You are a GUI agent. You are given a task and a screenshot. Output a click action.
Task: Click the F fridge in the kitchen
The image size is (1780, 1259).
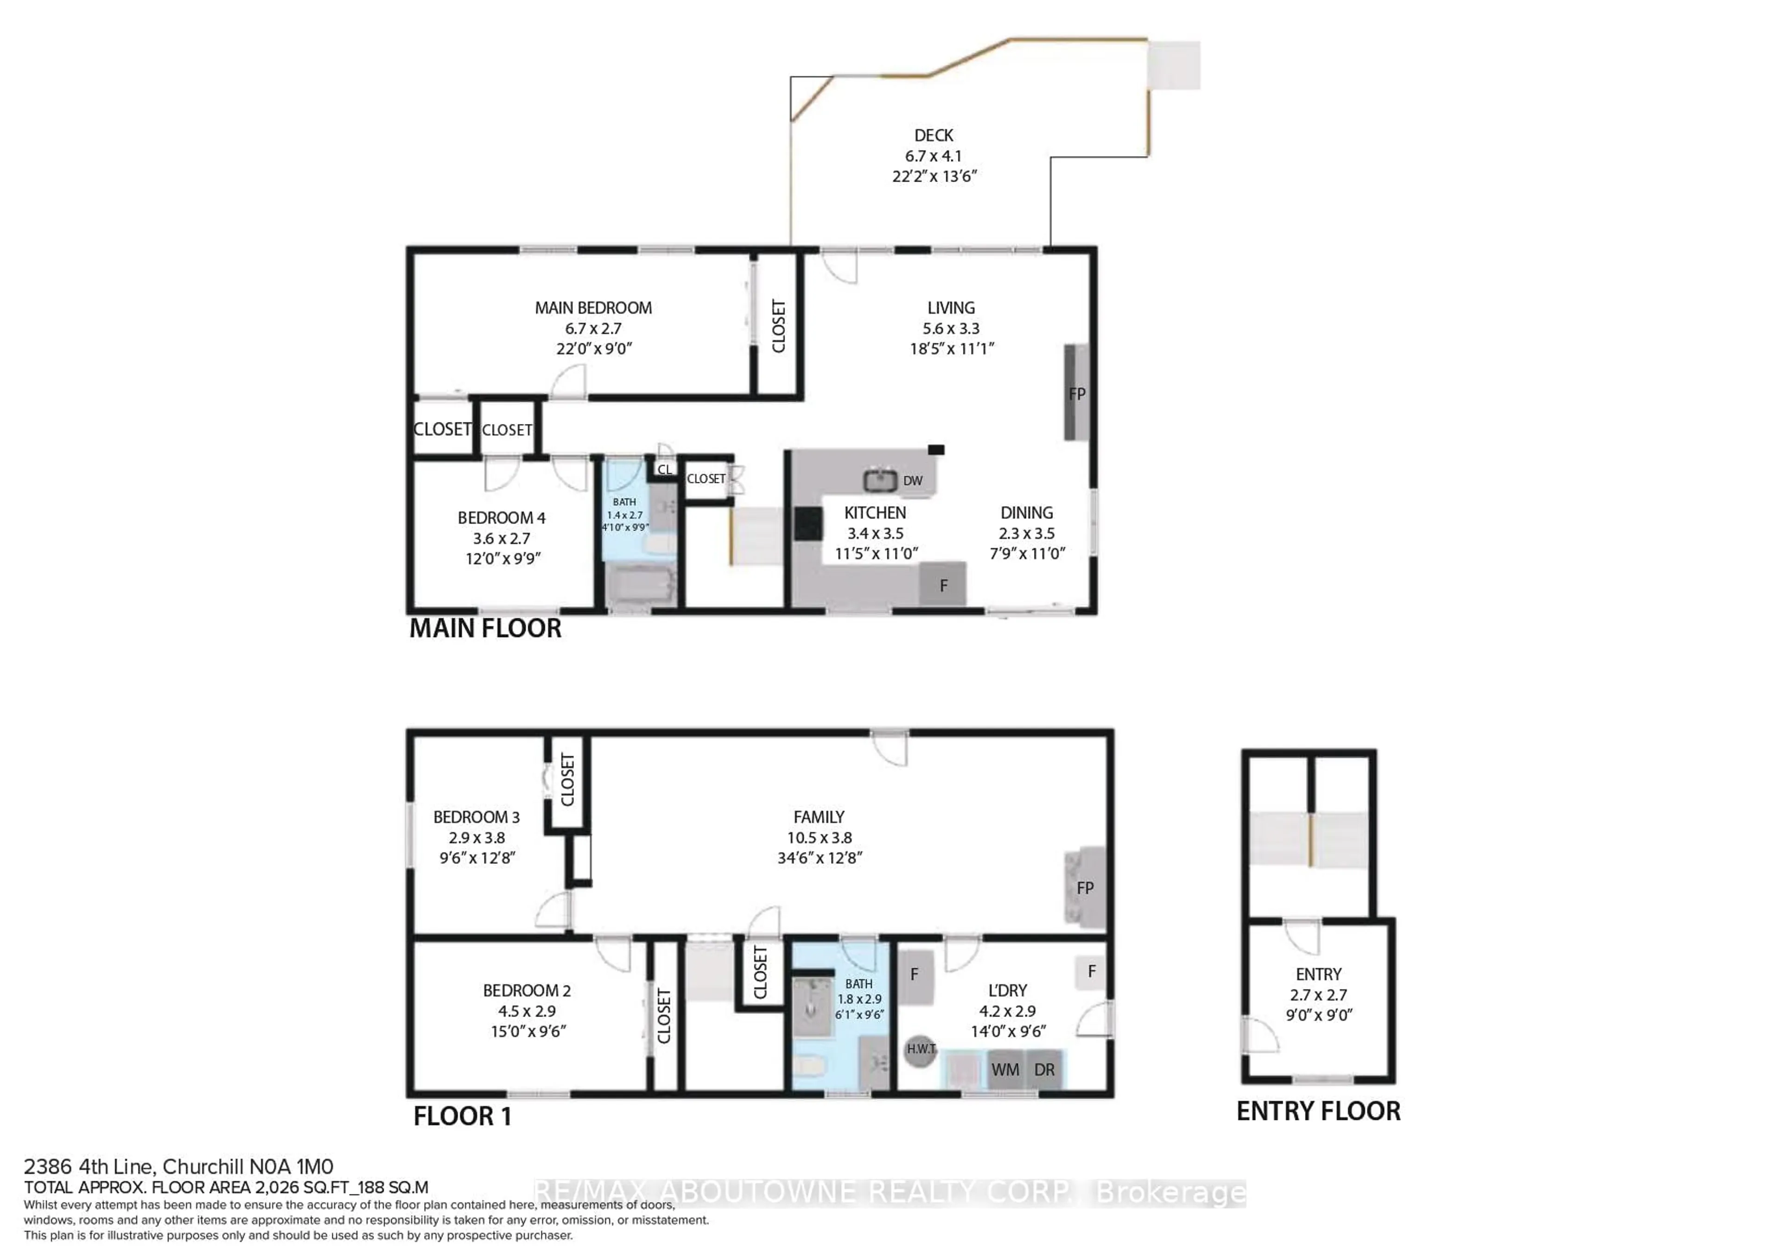(x=943, y=585)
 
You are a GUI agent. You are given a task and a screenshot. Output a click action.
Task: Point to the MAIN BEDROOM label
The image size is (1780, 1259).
(x=593, y=308)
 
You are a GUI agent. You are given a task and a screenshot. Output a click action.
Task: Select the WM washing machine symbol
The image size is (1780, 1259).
(x=1005, y=1070)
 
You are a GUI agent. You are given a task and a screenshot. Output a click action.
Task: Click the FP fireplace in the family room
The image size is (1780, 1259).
(x=1085, y=888)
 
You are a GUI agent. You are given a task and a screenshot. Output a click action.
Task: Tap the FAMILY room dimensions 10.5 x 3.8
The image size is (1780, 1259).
(x=819, y=837)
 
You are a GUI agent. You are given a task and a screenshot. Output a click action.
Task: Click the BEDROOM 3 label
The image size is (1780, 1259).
(x=476, y=817)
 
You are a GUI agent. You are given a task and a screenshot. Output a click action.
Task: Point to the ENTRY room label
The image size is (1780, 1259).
(x=1318, y=974)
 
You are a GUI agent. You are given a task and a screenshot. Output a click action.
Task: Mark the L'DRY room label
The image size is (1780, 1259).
(x=1007, y=991)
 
